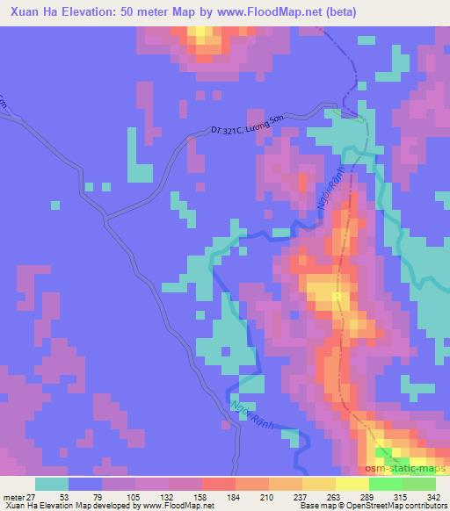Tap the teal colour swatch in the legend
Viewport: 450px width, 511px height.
coord(51,484)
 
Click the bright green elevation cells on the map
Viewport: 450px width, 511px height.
coord(387,454)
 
